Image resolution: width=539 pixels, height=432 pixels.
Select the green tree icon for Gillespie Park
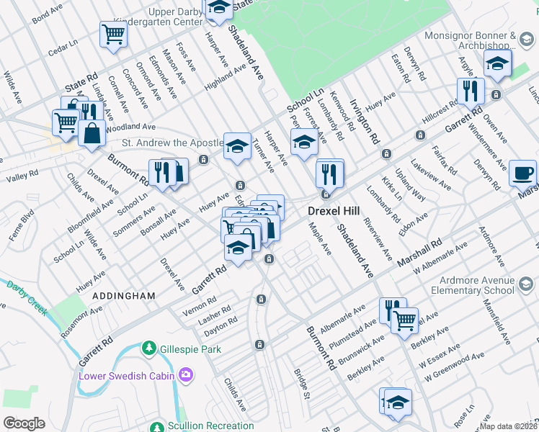[x=149, y=348]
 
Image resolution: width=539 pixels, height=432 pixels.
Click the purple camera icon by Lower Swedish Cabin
[x=187, y=374]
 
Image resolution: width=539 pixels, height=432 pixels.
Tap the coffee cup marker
[x=523, y=174]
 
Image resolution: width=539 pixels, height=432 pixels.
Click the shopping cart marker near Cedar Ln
[x=113, y=33]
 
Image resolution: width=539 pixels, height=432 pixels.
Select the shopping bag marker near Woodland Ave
[x=92, y=133]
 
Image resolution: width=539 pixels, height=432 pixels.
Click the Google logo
[x=24, y=423]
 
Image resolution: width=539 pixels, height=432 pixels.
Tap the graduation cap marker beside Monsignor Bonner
[x=497, y=63]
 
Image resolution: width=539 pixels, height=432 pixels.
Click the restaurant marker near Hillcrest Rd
[x=470, y=91]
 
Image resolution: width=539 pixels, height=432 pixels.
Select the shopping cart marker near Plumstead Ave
[x=404, y=318]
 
